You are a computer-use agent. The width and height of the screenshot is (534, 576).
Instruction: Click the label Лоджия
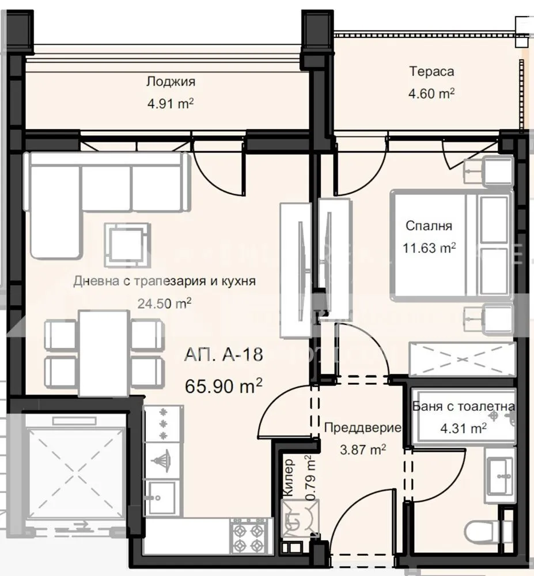[170, 82]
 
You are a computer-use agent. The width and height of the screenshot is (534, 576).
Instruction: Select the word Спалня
[429, 226]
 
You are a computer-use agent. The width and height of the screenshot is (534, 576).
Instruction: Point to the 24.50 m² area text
[165, 303]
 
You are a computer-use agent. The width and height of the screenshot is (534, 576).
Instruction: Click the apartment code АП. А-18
[224, 355]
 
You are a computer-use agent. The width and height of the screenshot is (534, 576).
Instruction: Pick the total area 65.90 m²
[224, 385]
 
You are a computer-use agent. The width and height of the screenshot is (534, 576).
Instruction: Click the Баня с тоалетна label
[463, 407]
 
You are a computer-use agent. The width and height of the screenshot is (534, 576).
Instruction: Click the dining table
[104, 353]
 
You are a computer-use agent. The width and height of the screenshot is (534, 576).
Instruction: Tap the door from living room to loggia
[216, 167]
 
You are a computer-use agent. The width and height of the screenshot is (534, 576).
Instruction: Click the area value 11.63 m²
[429, 248]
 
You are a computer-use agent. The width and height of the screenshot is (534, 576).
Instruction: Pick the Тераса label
[431, 71]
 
